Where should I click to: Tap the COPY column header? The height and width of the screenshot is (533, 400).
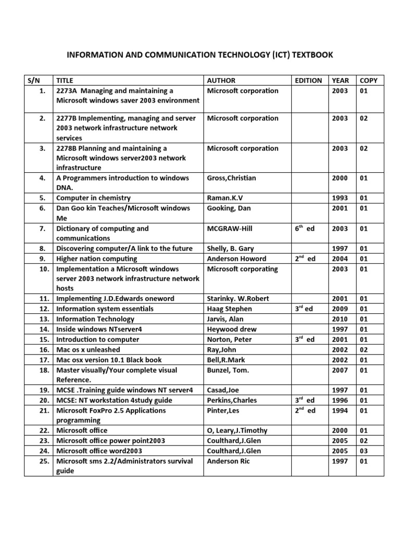click(368, 80)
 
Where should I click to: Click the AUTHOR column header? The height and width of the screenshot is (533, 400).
click(221, 80)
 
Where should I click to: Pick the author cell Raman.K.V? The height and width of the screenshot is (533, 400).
click(227, 198)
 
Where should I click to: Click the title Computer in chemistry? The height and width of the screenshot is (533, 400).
click(93, 198)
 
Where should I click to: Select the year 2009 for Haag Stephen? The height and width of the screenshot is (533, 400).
click(340, 309)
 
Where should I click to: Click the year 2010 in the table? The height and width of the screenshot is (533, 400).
click(340, 319)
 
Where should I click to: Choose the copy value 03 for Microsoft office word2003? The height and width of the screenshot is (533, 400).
click(364, 451)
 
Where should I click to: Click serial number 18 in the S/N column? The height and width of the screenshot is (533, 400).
click(44, 370)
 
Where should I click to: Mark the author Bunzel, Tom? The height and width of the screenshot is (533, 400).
click(228, 370)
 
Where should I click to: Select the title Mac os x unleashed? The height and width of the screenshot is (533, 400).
click(88, 350)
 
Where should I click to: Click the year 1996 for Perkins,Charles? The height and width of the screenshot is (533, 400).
click(340, 400)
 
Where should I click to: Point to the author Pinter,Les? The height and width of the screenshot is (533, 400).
click(224, 411)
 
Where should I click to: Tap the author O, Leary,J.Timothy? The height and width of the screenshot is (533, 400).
click(237, 430)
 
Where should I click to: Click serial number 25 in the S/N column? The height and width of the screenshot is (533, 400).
click(44, 461)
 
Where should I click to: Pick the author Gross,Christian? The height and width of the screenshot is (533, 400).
click(231, 178)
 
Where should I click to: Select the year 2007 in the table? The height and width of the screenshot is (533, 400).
click(340, 370)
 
